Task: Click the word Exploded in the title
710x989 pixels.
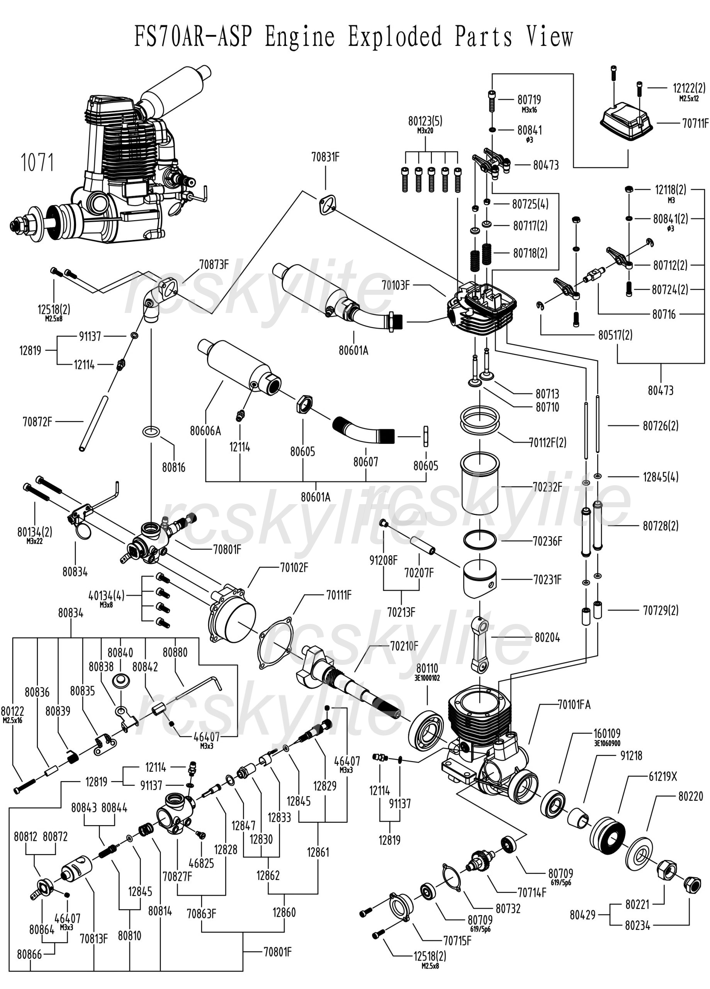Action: point(394,37)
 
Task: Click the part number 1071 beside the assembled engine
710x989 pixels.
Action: point(37,163)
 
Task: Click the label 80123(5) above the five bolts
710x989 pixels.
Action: point(425,121)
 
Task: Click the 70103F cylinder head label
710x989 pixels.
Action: point(396,285)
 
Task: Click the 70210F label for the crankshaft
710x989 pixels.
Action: point(404,646)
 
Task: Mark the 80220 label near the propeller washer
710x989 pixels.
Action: point(690,796)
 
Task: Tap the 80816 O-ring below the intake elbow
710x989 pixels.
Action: point(151,432)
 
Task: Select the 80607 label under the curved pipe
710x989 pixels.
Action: point(365,462)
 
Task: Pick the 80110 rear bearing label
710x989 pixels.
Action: point(427,668)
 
